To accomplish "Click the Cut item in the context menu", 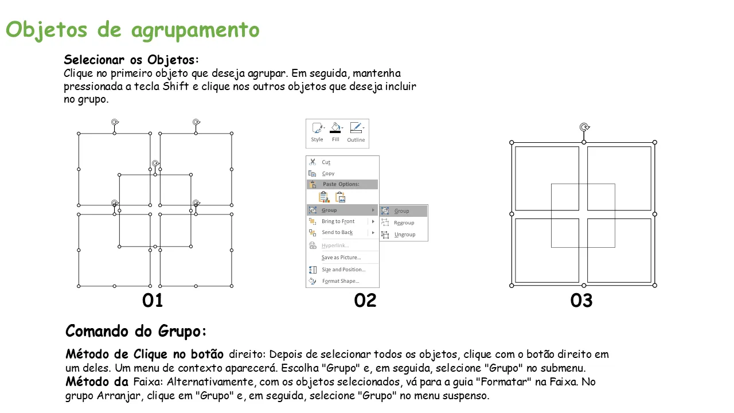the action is coord(326,162).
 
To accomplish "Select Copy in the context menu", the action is coord(328,173).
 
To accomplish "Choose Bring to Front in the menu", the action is coord(338,221).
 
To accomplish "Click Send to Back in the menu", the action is coord(337,232).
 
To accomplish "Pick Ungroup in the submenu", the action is coord(405,235).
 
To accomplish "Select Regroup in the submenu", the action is coord(404,223).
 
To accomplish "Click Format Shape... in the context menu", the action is coord(341,281).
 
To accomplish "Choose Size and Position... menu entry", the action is coord(343,270).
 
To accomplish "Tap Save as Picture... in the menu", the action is coord(341,258).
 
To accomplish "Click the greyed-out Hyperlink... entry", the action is coord(335,246).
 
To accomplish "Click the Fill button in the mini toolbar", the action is coord(335,132).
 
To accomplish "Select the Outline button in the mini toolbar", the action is coord(356,132).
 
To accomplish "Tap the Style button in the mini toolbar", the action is coord(317,132).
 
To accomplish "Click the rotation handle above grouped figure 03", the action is coord(584,127).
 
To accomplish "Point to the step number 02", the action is coord(365,300).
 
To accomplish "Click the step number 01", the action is coord(153,300).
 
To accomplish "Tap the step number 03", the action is coord(581,300).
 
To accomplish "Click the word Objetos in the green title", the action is coord(46,30).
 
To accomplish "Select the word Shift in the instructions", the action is coord(175,86).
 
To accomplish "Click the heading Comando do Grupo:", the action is coord(136,331).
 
